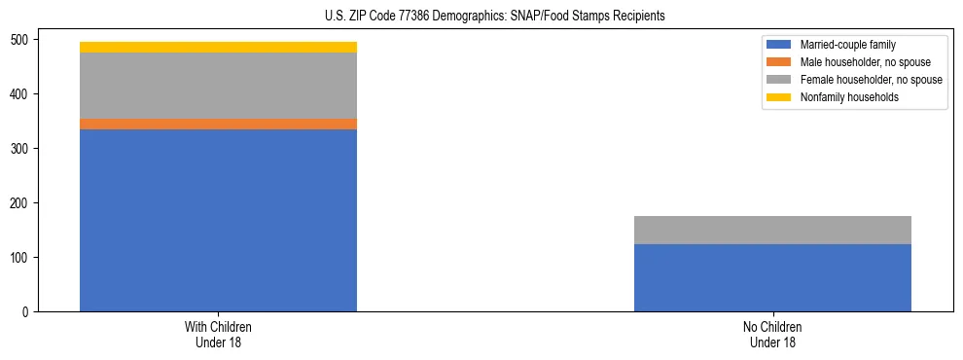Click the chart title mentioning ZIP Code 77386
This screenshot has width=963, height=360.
click(495, 17)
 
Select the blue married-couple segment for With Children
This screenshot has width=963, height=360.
click(218, 220)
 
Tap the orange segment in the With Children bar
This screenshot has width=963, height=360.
click(218, 124)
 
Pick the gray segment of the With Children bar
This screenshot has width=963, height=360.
click(218, 86)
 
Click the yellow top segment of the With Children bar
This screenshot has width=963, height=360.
click(218, 47)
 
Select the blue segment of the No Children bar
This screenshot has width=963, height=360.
click(772, 277)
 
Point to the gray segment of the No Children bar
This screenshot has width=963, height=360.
click(772, 230)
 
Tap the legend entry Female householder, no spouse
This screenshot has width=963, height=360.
click(871, 80)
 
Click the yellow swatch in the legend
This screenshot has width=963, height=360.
click(779, 97)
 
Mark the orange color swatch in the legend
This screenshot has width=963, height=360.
click(779, 62)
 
